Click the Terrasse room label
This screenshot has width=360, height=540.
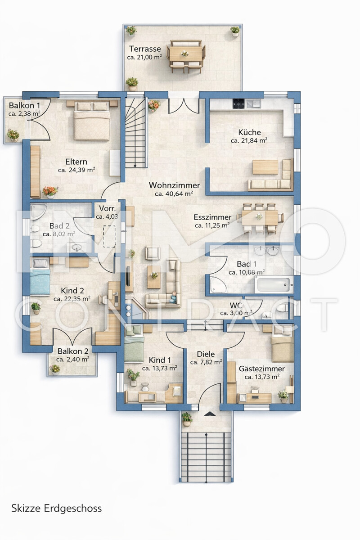pyautogui.click(x=145, y=49)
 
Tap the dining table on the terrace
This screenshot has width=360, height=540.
pyautogui.click(x=185, y=54)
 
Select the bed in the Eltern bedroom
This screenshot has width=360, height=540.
pyautogui.click(x=92, y=120)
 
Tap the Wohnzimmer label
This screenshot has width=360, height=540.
pyautogui.click(x=174, y=185)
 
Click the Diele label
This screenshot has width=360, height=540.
pyautogui.click(x=206, y=354)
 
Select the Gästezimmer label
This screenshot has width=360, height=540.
pyautogui.click(x=261, y=369)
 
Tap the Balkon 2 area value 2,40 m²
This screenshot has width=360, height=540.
pyautogui.click(x=72, y=359)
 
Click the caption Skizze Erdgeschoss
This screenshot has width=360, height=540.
pyautogui.click(x=57, y=508)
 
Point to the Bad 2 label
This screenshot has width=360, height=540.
pyautogui.click(x=58, y=226)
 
